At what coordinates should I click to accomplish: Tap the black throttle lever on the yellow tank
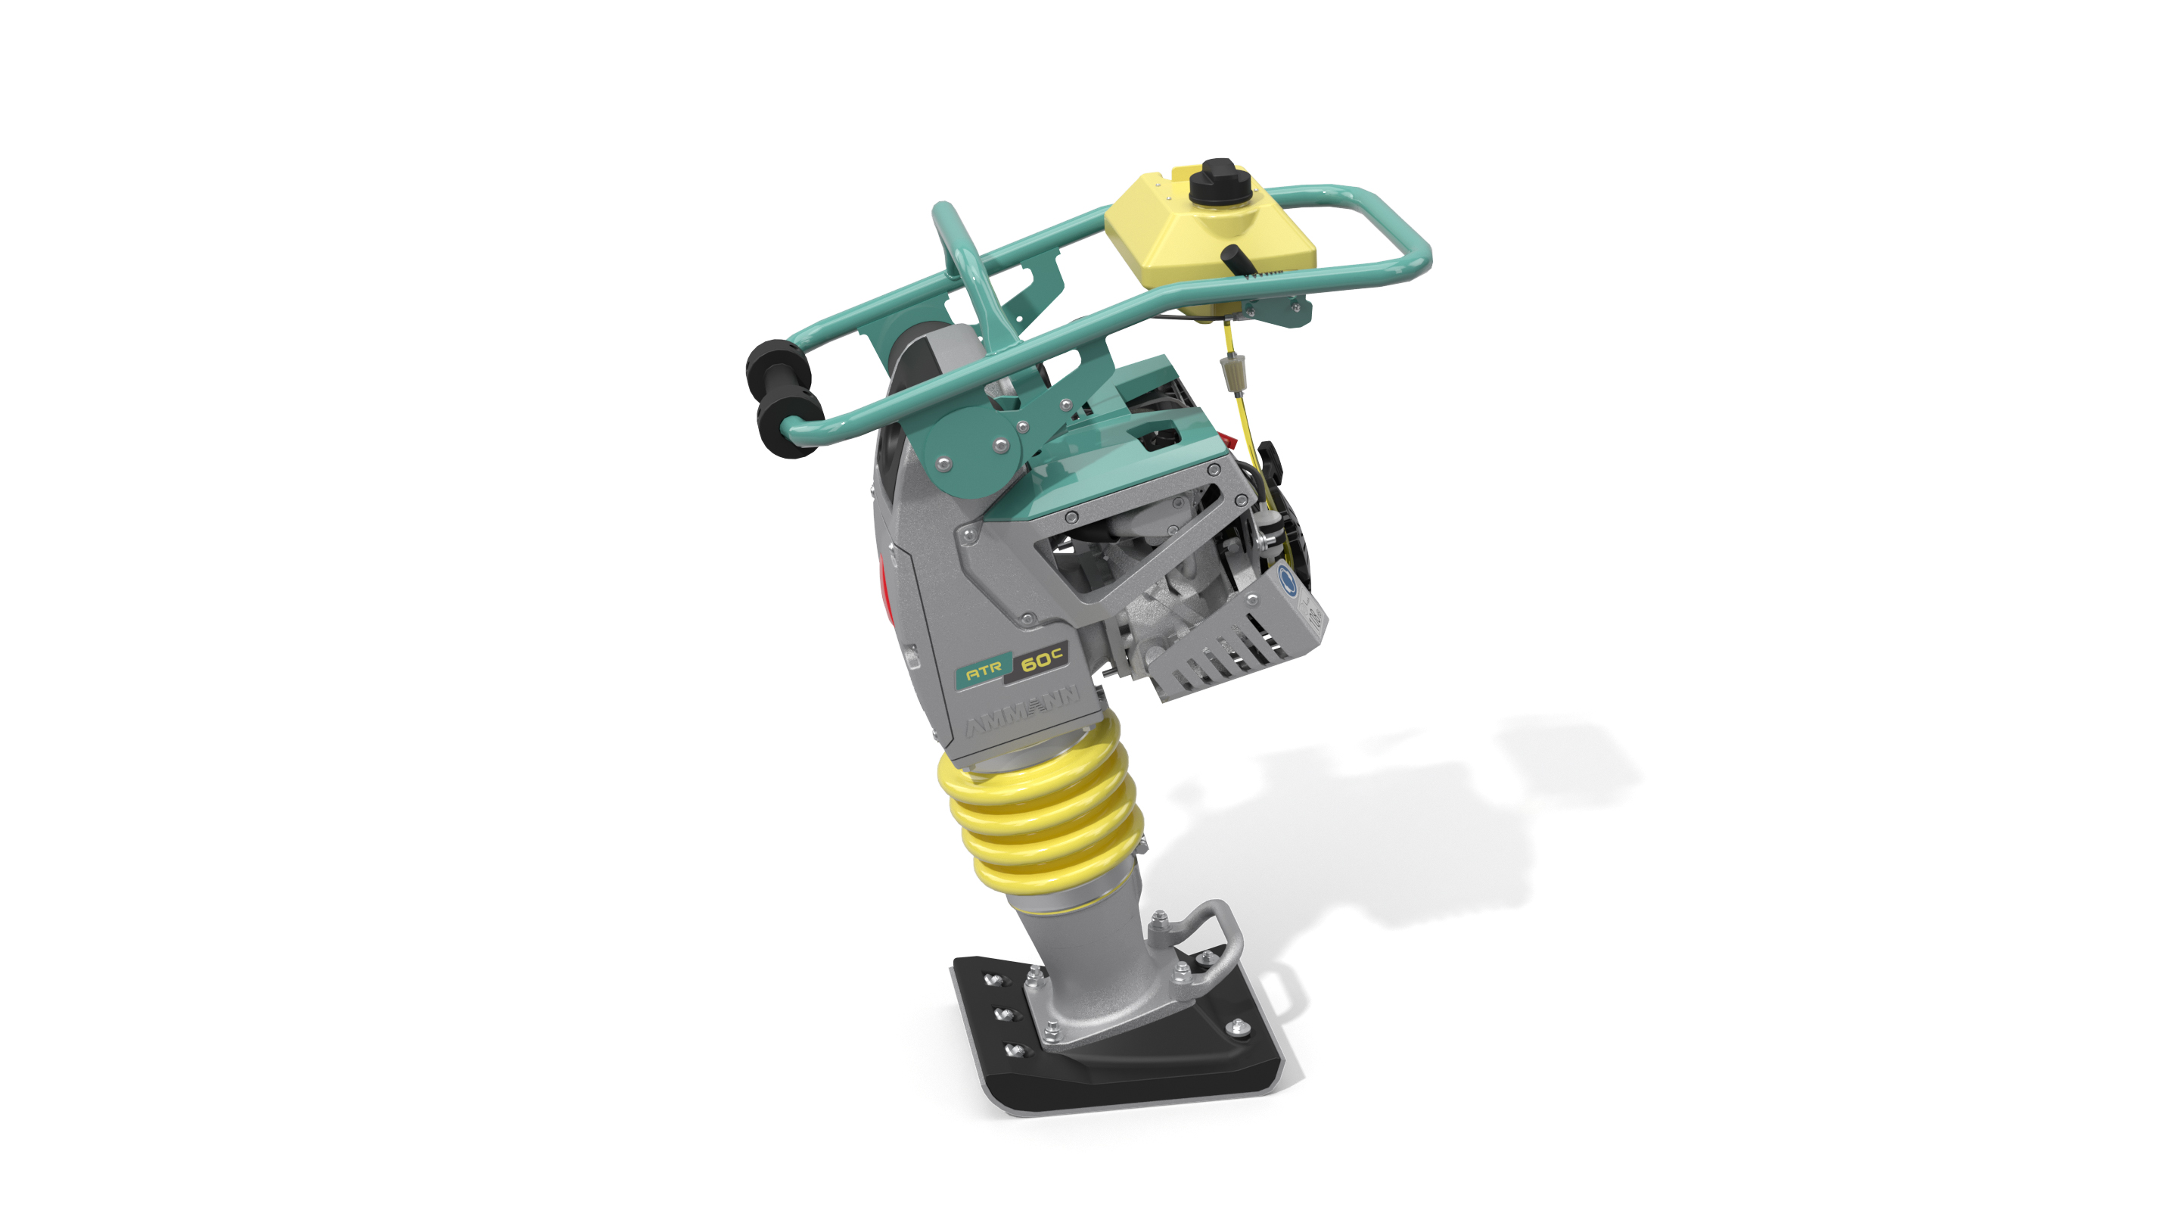click(1237, 258)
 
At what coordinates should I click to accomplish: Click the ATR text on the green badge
click(984, 672)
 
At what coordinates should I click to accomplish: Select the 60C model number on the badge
click(1040, 659)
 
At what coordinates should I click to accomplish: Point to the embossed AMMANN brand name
click(1023, 710)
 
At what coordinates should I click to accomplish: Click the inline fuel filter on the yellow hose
click(1228, 372)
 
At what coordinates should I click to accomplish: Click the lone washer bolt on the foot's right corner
click(1237, 1028)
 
